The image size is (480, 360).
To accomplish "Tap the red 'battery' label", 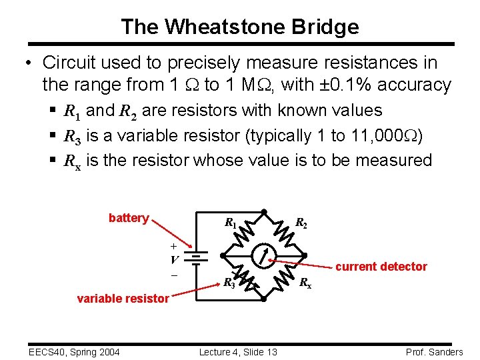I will (129, 218).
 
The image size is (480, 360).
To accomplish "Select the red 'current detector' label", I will (381, 267).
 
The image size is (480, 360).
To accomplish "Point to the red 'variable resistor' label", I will (123, 299).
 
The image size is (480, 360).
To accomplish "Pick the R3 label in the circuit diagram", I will (229, 282).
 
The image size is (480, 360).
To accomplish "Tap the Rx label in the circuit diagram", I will (305, 282).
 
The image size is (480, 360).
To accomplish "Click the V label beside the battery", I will (174, 260).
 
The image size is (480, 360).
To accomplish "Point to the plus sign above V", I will (174, 246).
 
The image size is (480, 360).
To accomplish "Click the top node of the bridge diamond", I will (263, 212).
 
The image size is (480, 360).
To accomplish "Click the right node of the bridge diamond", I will (305, 255).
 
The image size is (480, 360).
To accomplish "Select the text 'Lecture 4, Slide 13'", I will (238, 352).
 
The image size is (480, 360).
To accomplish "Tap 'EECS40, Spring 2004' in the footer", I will (65, 352).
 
